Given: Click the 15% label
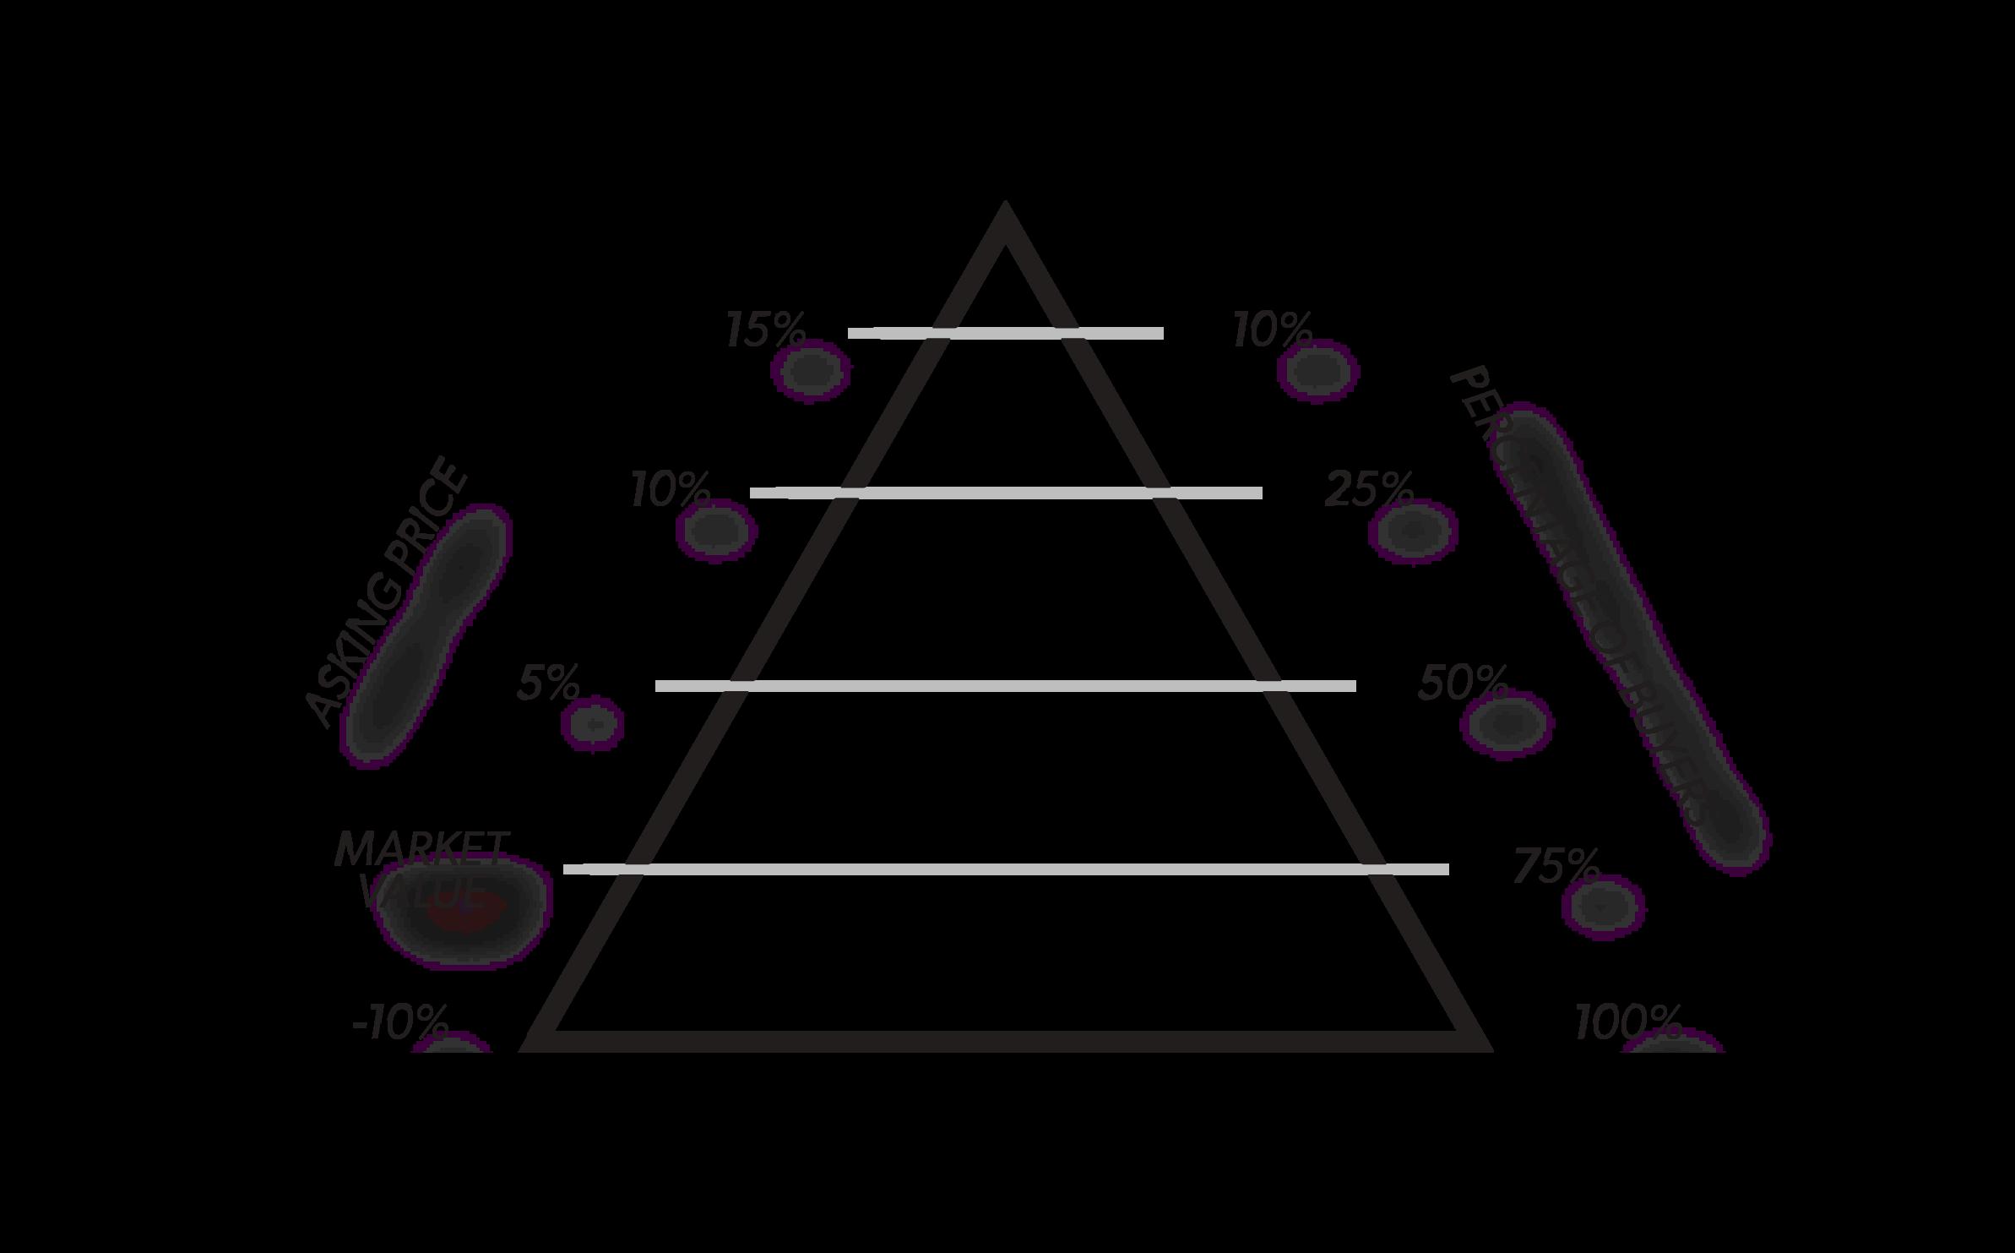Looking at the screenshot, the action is [765, 330].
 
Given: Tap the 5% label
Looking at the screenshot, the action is [548, 683].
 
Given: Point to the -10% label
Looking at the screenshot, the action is [399, 1024].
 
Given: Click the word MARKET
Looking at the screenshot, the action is [421, 849].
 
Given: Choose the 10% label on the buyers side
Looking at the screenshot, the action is [1272, 330].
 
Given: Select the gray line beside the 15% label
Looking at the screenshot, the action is [1005, 334].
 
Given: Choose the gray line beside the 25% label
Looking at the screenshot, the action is [1005, 493].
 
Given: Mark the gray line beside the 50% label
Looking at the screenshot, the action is [1005, 686].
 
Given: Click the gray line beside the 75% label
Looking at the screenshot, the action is [1005, 869].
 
